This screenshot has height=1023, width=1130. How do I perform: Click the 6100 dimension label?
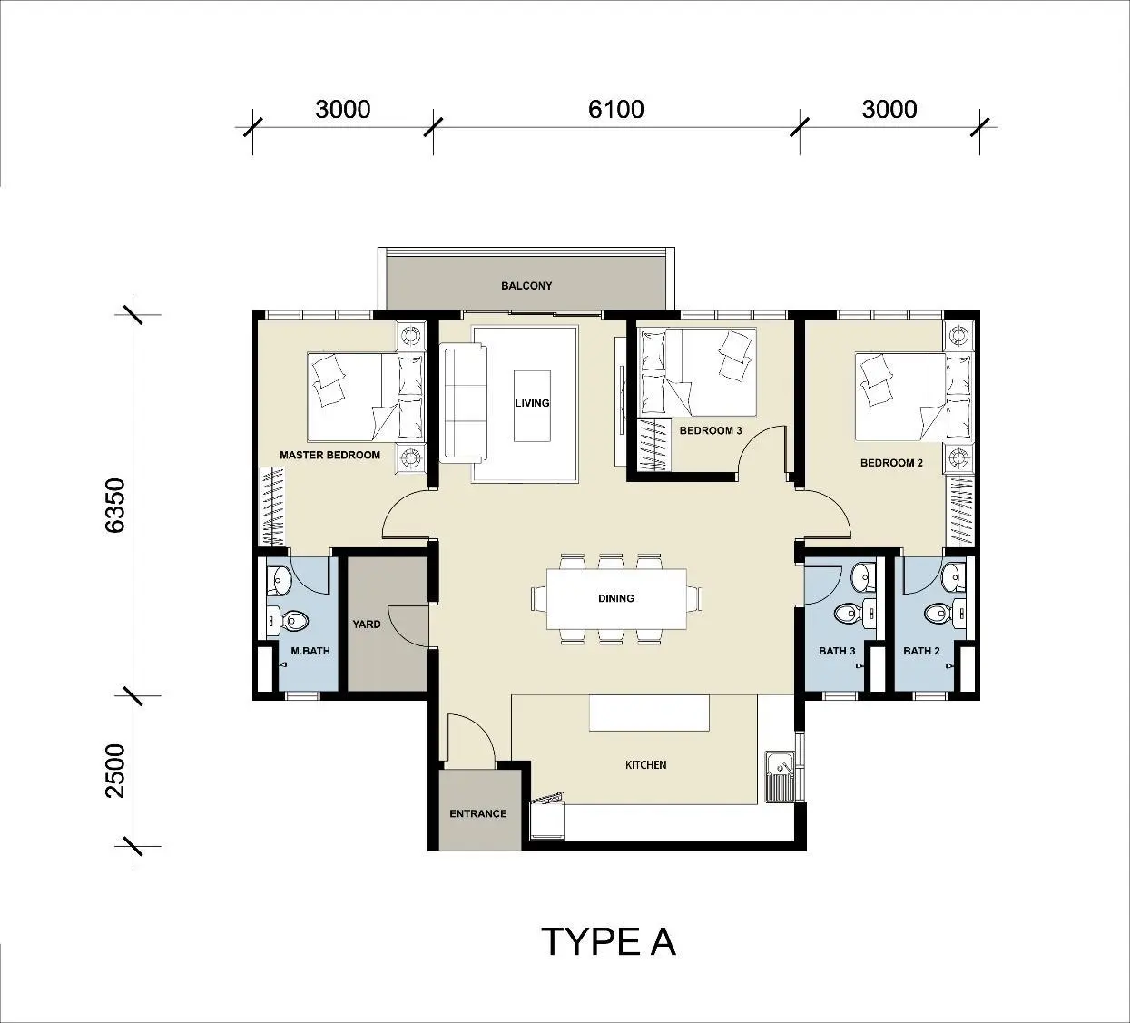coord(615,109)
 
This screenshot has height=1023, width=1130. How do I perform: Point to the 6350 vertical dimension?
coord(115,505)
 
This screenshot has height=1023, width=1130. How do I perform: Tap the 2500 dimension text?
coord(115,771)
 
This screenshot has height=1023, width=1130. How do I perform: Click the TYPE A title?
coord(608,941)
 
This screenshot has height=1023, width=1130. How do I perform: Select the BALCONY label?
coord(526,286)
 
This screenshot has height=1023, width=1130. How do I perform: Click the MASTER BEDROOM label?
coord(330,455)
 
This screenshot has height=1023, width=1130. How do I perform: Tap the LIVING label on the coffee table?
coord(533,403)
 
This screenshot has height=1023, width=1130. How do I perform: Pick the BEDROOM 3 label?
coord(711,430)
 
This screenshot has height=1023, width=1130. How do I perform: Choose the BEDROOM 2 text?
coord(891,463)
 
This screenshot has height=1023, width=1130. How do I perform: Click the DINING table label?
coord(616,598)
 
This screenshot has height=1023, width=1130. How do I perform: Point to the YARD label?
coord(367,624)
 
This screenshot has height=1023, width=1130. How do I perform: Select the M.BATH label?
coord(310,651)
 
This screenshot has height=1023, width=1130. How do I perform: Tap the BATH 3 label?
coord(837,651)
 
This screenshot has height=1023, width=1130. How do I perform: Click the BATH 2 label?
coord(921,651)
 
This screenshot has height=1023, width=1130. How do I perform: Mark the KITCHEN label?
coord(646,765)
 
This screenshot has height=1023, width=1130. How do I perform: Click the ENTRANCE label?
coord(478,813)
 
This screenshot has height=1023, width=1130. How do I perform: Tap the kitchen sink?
coord(781,777)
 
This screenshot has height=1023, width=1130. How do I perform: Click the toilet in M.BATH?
coord(288,621)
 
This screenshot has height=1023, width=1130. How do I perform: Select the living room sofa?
coord(466,405)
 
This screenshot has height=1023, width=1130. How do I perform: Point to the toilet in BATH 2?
coord(944,613)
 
